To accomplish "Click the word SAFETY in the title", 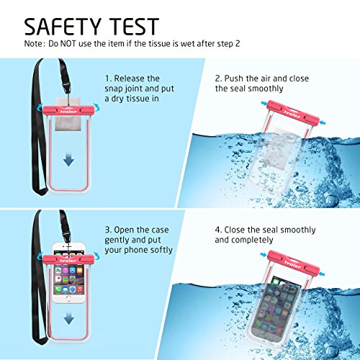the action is (63, 27).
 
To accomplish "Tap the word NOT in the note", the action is (68, 44).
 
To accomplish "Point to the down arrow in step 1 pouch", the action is (68, 160).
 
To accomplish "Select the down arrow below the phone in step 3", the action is (69, 318).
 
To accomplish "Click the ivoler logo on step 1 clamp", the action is (68, 112).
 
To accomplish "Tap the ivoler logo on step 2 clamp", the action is (292, 114).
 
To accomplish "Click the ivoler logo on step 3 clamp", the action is (68, 261).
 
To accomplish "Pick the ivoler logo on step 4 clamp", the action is (292, 264).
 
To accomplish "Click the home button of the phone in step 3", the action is (68, 299).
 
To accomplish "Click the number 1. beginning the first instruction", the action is (108, 78).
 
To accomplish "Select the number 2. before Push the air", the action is (219, 78).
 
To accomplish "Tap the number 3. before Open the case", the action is (108, 230).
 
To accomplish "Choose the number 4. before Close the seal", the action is (219, 230).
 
